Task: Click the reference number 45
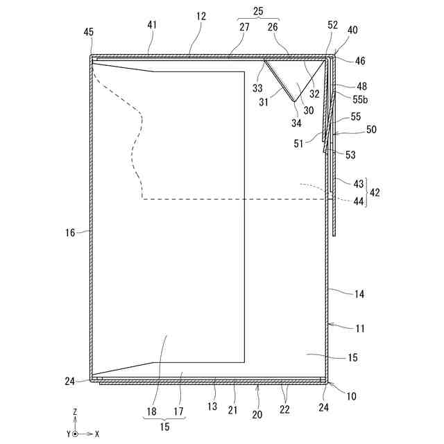pyautogui.click(x=89, y=32)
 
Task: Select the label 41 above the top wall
pyautogui.click(x=152, y=24)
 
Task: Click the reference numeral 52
pyautogui.click(x=332, y=24)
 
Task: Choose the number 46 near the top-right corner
pyautogui.click(x=360, y=61)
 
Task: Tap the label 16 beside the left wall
pyautogui.click(x=70, y=233)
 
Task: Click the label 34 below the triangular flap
pyautogui.click(x=296, y=124)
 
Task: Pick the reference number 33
pyautogui.click(x=257, y=89)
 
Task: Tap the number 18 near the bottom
pyautogui.click(x=151, y=411)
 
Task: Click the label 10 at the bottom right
pyautogui.click(x=351, y=397)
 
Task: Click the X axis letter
pyautogui.click(x=96, y=433)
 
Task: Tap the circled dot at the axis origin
pyautogui.click(x=75, y=433)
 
